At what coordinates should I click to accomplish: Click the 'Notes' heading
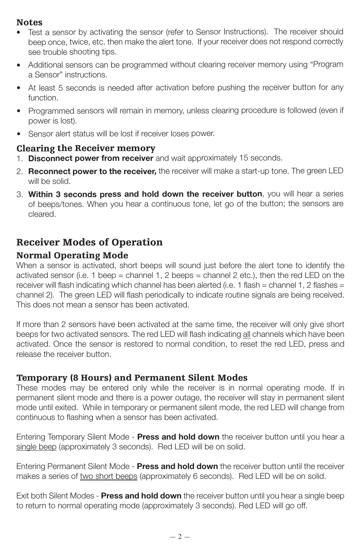click(29, 23)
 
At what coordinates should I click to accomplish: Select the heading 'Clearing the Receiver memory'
click(86, 148)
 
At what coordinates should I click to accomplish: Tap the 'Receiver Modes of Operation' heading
click(89, 242)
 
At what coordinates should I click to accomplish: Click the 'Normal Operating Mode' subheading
click(72, 255)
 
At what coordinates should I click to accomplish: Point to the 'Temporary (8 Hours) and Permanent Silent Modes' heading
click(132, 378)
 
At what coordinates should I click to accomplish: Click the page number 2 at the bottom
click(180, 537)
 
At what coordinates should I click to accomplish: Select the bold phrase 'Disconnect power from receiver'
click(91, 158)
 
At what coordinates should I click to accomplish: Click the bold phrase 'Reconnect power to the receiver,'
click(92, 171)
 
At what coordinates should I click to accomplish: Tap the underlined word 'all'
click(246, 334)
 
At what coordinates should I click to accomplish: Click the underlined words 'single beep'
click(36, 447)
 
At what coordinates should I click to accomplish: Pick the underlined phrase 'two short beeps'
click(108, 476)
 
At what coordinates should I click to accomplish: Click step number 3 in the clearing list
click(20, 194)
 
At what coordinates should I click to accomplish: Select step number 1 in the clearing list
click(20, 158)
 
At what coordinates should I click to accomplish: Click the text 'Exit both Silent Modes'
click(55, 496)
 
